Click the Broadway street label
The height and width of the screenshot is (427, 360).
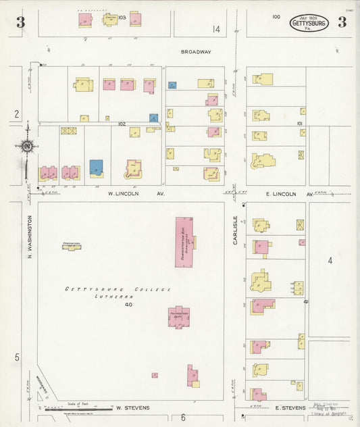coord(196,52)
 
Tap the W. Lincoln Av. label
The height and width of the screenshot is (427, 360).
coord(137,193)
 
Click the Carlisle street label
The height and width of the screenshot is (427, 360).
coord(236,230)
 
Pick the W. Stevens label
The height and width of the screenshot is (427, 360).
coord(132,408)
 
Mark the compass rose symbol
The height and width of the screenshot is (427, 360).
coord(27,145)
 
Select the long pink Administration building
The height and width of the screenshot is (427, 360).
coord(184,241)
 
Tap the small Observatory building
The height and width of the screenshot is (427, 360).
coord(72,247)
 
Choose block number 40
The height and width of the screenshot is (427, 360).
coord(128,305)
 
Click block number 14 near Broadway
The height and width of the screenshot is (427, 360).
coord(216,29)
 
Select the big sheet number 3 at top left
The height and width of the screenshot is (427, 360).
coord(21,22)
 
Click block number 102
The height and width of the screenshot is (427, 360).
coord(122,124)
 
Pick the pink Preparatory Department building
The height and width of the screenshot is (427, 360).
coord(179,317)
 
